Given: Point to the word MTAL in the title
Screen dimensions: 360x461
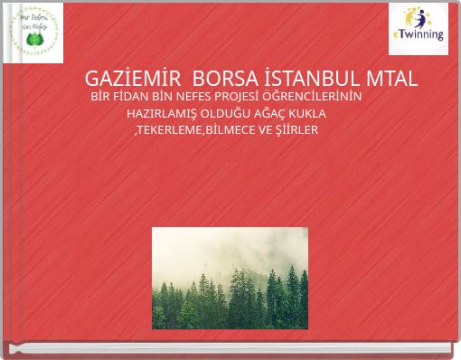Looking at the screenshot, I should pyautogui.click(x=385, y=78).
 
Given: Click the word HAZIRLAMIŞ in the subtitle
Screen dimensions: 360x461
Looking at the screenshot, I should pyautogui.click(x=159, y=114).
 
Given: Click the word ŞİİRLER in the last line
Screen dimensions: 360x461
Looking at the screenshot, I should pyautogui.click(x=297, y=131).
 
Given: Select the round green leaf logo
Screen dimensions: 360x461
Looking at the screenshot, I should pyautogui.click(x=33, y=33).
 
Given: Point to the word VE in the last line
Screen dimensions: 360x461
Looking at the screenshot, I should pyautogui.click(x=266, y=131).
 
